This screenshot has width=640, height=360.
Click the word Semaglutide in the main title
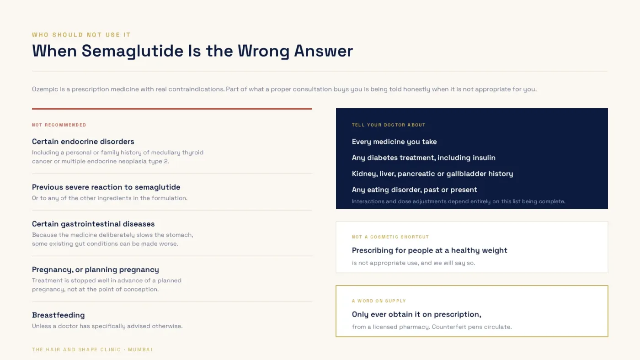click(133, 51)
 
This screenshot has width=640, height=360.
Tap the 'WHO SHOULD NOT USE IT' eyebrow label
click(81, 35)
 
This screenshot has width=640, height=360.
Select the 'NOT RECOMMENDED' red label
click(59, 125)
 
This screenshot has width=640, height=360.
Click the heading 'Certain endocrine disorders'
click(83, 141)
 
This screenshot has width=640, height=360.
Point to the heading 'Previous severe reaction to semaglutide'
click(106, 187)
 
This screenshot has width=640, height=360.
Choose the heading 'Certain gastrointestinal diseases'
click(93, 224)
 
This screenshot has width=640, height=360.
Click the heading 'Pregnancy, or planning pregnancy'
click(96, 270)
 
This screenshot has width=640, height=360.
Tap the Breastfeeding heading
click(59, 315)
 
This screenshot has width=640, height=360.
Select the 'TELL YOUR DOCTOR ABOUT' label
click(389, 125)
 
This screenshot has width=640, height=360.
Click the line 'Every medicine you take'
click(394, 142)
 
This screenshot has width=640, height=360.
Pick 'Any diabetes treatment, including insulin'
click(424, 158)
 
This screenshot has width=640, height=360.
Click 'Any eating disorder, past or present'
click(415, 190)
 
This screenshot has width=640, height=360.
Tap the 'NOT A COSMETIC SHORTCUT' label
click(390, 237)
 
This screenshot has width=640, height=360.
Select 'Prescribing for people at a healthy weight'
click(430, 250)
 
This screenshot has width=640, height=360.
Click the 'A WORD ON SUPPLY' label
click(379, 301)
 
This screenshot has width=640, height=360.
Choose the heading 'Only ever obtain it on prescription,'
click(416, 314)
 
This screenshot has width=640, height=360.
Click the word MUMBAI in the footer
click(140, 349)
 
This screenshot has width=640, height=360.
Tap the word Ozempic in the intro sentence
click(45, 89)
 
